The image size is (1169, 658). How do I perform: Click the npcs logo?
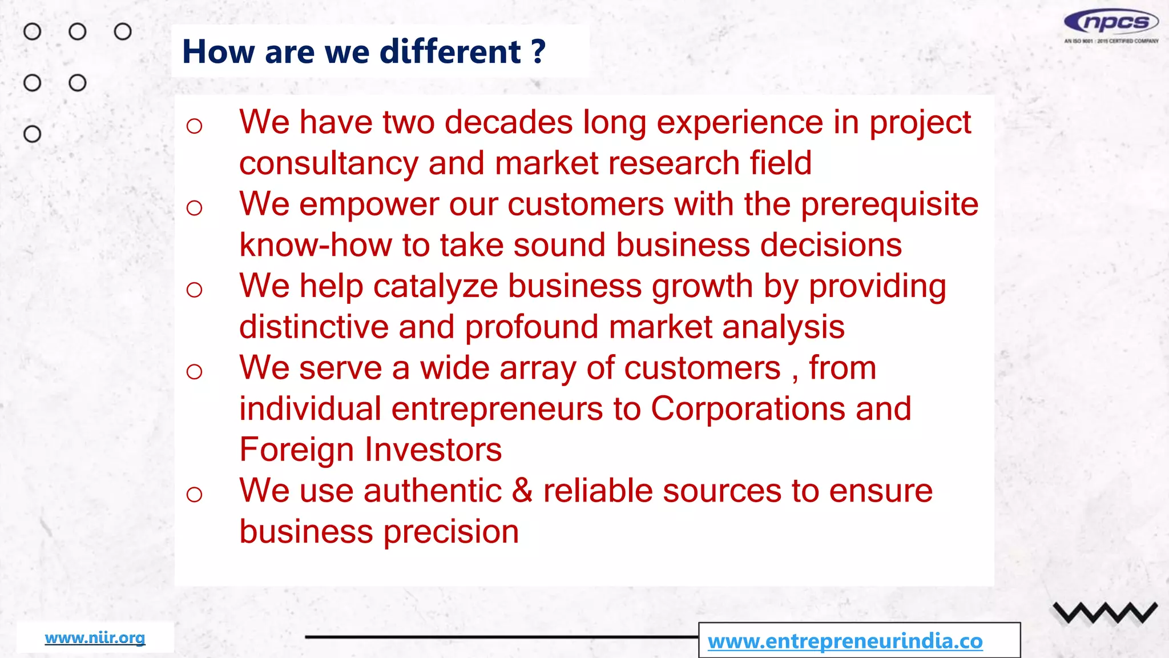1111,23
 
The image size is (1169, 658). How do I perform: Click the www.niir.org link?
95,637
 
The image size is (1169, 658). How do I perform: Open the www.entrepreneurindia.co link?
845,641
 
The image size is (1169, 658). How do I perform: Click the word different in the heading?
450,52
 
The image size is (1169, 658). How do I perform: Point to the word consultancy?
328,164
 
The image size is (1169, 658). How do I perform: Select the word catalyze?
435,286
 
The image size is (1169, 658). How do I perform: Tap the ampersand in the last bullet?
522,491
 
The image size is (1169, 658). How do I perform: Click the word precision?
450,532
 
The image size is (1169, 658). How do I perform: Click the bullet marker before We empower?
195,208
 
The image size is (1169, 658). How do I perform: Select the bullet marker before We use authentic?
195,494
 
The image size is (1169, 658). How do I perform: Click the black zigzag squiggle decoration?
1104,613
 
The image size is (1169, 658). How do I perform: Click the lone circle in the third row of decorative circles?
33,134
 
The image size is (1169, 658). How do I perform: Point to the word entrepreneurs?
497,409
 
